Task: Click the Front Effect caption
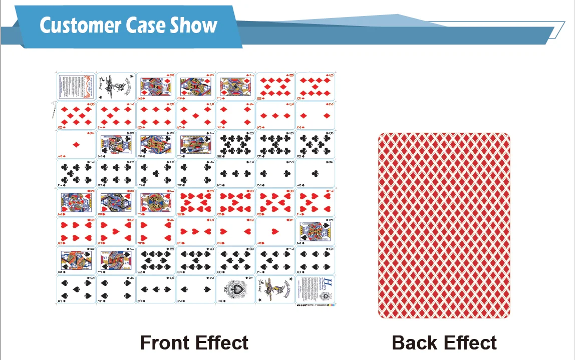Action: (194, 343)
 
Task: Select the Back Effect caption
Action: (444, 343)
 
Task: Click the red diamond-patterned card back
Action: (444, 225)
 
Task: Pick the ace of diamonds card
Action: (76, 145)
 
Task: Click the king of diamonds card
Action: (156, 87)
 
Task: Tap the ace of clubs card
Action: (315, 174)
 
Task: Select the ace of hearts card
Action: (275, 231)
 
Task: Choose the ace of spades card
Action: (235, 289)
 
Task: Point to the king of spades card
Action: (315, 231)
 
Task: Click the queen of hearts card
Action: (116, 203)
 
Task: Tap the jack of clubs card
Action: (195, 145)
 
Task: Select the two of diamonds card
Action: (315, 116)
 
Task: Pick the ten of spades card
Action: (156, 260)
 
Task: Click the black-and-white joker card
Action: (116, 87)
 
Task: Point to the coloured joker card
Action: (275, 289)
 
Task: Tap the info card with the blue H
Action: (315, 289)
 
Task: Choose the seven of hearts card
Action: (315, 203)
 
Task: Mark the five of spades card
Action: (76, 289)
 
